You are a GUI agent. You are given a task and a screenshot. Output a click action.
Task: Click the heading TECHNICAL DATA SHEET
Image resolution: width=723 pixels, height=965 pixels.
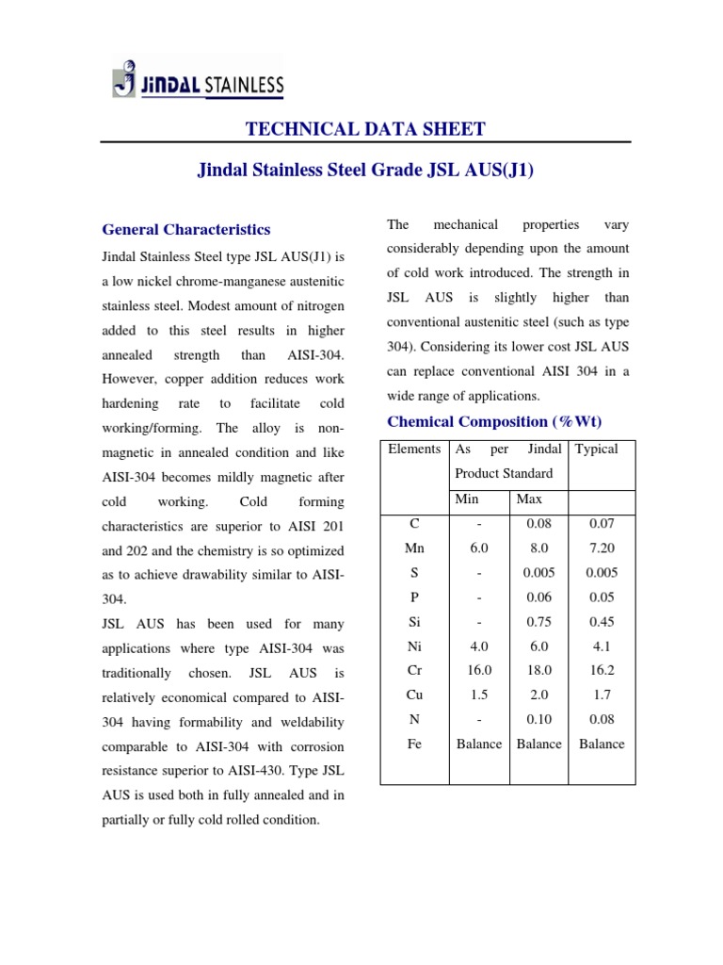tap(365, 129)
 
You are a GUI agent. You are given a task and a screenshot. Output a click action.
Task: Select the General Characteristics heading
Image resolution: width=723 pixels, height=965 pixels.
tap(185, 229)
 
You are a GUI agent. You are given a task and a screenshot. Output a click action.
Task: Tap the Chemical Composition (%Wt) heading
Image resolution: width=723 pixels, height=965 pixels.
tap(494, 421)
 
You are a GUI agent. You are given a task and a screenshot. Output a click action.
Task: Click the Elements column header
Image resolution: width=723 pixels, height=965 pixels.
tap(414, 450)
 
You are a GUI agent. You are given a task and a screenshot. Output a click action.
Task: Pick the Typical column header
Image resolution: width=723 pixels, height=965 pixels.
tap(597, 450)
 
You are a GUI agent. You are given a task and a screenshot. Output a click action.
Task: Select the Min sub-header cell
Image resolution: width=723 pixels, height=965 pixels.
tap(467, 499)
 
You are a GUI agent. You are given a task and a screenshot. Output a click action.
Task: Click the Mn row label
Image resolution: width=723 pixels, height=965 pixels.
tap(414, 548)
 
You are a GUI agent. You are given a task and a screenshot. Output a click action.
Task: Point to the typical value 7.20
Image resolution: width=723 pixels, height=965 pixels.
tap(602, 548)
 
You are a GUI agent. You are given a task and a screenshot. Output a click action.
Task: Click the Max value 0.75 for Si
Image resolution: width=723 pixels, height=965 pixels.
tap(538, 621)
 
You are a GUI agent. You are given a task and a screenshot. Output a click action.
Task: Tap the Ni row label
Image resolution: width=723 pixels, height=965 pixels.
tap(414, 646)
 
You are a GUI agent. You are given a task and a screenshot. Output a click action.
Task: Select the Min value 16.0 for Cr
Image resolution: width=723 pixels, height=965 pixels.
tap(479, 670)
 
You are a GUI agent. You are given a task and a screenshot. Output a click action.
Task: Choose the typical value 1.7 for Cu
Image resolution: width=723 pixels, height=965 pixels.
tap(602, 695)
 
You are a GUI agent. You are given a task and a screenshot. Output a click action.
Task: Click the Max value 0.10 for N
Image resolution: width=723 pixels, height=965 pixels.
tap(538, 719)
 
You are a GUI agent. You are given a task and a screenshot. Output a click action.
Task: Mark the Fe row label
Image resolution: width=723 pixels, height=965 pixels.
tap(414, 744)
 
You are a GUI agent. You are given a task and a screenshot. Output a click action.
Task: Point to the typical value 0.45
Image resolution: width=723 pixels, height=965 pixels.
tap(602, 621)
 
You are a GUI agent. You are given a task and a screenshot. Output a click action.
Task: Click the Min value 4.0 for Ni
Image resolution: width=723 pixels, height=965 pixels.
tap(479, 646)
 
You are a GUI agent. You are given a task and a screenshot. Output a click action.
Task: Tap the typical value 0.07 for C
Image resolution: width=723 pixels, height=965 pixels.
tap(602, 523)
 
